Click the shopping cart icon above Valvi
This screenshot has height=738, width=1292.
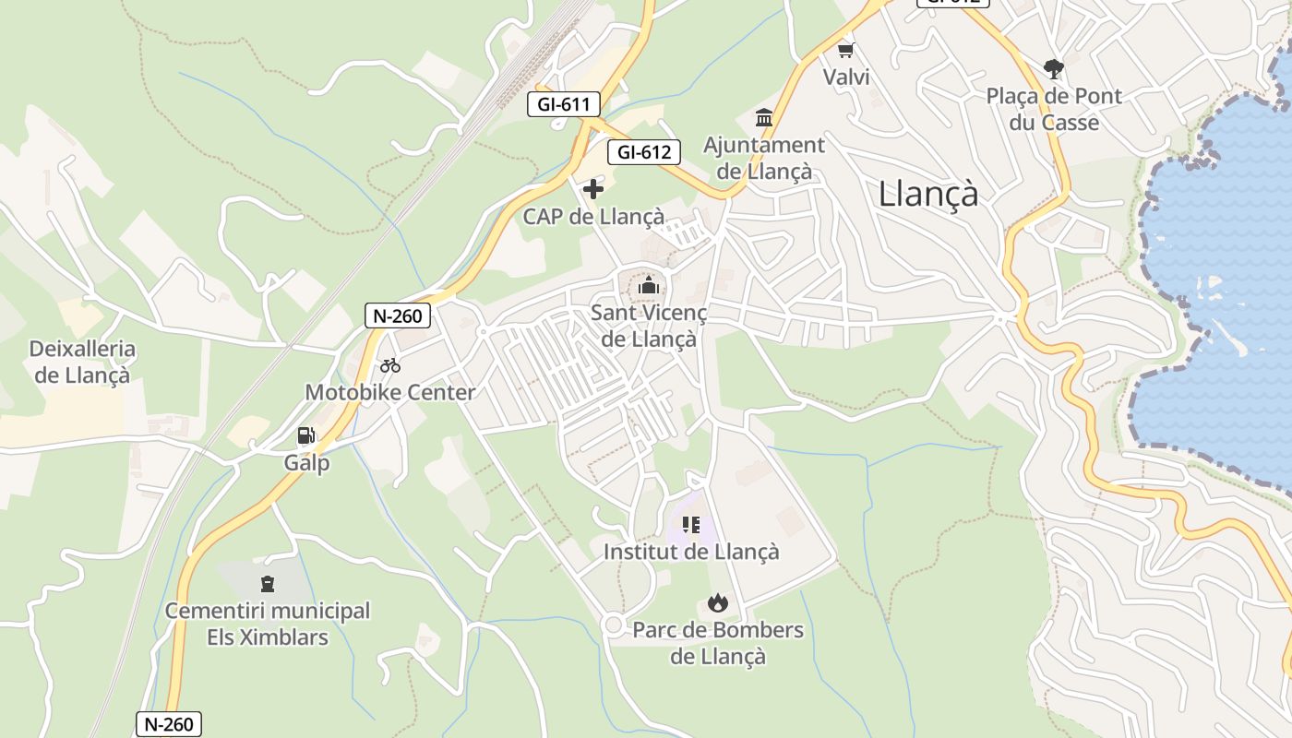tap(845, 50)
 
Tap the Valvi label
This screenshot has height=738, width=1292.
tap(846, 77)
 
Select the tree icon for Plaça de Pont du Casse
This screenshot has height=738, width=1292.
tap(1053, 68)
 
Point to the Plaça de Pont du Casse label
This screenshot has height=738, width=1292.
tap(1054, 109)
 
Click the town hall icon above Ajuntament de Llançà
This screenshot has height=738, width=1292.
tap(764, 118)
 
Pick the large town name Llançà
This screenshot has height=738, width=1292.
tap(928, 194)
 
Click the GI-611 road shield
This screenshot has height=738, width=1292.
tap(563, 103)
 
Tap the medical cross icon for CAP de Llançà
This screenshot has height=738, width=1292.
tap(593, 190)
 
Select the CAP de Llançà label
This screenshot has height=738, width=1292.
tap(593, 217)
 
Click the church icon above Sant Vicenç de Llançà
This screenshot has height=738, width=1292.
tap(649, 286)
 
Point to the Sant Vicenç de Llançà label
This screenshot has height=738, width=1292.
tap(649, 326)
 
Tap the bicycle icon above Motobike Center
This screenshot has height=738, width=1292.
tap(390, 365)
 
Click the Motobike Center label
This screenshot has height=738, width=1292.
tap(390, 392)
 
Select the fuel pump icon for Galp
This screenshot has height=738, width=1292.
tap(306, 435)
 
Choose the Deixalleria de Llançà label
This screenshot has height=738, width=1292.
tap(82, 362)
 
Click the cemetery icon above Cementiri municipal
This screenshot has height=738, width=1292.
tap(268, 583)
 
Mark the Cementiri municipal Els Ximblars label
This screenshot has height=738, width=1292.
tap(268, 623)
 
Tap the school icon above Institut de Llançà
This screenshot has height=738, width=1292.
tap(691, 525)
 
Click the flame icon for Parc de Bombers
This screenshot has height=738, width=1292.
tap(717, 603)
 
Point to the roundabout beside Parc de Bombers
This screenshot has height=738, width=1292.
tap(612, 625)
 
